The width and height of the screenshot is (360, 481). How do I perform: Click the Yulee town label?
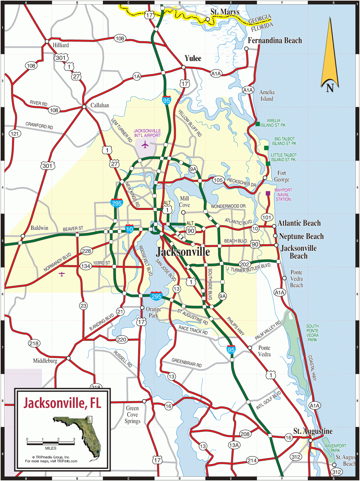point(193,59)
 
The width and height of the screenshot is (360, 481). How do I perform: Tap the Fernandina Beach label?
point(274,41)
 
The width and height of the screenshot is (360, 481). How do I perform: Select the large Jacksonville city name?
point(183,252)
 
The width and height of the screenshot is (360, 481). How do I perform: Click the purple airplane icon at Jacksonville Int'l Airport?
point(145,144)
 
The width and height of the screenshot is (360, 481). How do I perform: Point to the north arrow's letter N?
point(330,88)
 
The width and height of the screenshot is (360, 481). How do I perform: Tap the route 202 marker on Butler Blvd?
point(244,264)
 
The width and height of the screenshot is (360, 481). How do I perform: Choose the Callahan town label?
point(100,105)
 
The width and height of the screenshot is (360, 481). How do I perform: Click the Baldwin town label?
point(39,228)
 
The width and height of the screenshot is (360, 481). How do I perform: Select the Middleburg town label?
point(45,361)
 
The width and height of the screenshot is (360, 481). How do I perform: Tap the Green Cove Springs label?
point(132,415)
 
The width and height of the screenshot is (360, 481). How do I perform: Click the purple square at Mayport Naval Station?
point(268,193)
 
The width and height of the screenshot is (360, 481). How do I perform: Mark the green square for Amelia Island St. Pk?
point(258,124)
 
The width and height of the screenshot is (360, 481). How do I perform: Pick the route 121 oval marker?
point(15,133)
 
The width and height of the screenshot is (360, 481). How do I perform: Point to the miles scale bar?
point(51,443)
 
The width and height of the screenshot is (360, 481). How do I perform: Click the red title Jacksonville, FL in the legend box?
point(62,403)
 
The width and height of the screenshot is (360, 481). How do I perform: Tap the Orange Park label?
point(153,312)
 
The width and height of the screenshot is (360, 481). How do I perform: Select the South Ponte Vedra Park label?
point(312,333)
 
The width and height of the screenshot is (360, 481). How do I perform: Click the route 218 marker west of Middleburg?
point(34,343)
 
